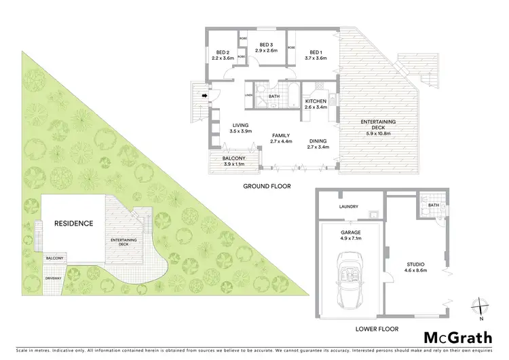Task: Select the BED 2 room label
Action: point(223,52)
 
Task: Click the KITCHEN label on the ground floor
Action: point(317,101)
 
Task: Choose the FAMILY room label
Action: point(280,135)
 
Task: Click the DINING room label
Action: point(317,141)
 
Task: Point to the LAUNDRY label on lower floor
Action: point(349,207)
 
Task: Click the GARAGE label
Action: point(352,232)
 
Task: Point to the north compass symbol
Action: point(480,308)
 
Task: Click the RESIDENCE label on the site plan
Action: point(73,222)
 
